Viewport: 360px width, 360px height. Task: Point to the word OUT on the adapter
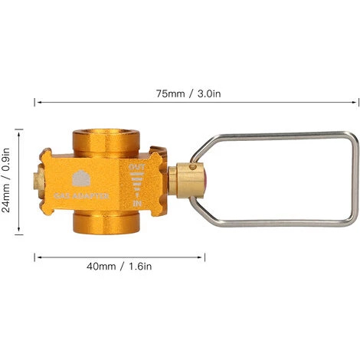(x=136, y=166)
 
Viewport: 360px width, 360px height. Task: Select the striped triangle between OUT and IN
(x=136, y=184)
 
